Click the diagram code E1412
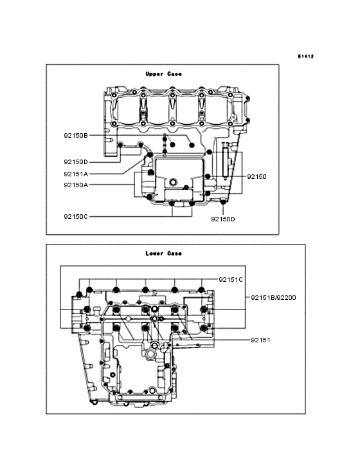(306, 57)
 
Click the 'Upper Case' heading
(163, 74)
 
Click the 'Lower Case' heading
(163, 254)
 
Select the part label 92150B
(76, 136)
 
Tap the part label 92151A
(76, 174)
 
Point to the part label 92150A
(76, 185)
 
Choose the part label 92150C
(76, 216)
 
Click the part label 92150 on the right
(256, 176)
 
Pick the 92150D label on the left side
(76, 162)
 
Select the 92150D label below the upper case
(223, 219)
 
